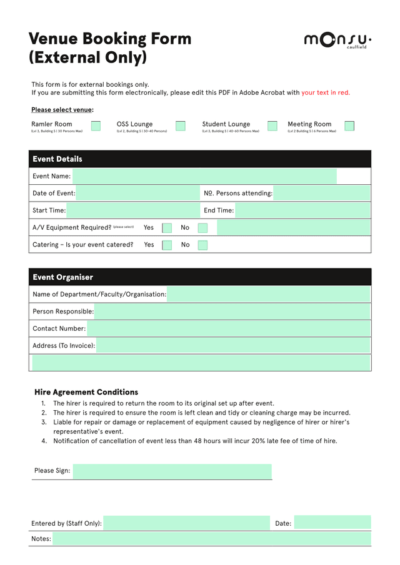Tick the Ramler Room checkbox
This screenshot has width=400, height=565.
point(96,125)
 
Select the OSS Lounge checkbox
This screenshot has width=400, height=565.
point(181,125)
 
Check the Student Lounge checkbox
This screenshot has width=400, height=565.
point(272,125)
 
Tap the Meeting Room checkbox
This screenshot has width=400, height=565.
point(349,125)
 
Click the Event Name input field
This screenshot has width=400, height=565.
point(204,176)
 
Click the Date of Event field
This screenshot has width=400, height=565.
point(137,194)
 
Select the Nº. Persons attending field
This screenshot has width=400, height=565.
point(322,194)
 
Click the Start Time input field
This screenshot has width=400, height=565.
point(132,210)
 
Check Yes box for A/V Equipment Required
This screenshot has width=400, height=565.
point(167,228)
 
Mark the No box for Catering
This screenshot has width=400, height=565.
point(202,245)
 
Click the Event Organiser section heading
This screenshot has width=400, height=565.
point(62,277)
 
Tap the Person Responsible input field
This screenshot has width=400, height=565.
point(232,312)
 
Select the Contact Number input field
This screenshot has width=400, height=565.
point(229,328)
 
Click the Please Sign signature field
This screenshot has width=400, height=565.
point(172,471)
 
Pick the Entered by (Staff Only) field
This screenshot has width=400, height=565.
point(186,523)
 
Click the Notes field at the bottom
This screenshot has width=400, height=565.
point(211,539)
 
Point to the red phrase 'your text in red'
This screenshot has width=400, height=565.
point(325,92)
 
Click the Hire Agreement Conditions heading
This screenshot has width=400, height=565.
point(86,392)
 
